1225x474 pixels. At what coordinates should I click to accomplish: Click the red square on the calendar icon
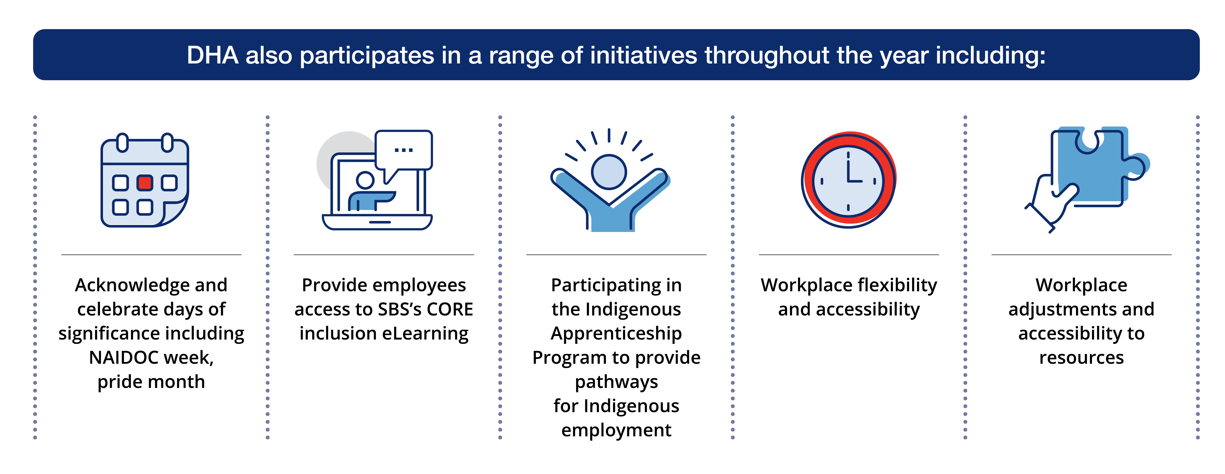[x=145, y=183]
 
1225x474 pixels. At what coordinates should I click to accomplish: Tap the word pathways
[x=616, y=382]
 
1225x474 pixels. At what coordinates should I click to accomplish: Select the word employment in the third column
[x=616, y=430]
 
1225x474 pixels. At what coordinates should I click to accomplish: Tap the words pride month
[x=151, y=382]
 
